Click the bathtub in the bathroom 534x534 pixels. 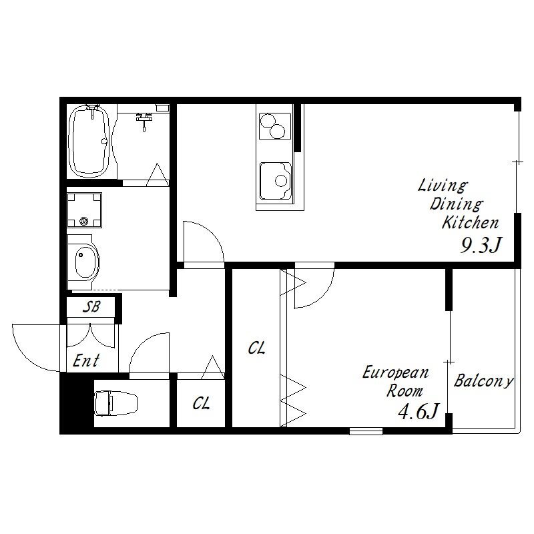(89, 141)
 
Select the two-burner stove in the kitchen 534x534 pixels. (275, 126)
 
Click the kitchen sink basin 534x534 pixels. (276, 181)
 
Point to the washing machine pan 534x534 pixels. (85, 210)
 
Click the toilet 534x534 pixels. (115, 403)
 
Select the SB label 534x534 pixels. (91, 306)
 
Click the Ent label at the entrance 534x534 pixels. (86, 360)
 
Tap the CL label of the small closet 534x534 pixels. (201, 404)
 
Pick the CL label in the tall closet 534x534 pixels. (256, 348)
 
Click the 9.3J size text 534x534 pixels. (481, 245)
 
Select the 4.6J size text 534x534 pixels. (419, 411)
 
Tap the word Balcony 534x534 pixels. (483, 380)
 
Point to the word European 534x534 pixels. (395, 372)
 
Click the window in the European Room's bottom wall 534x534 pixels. (366, 431)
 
